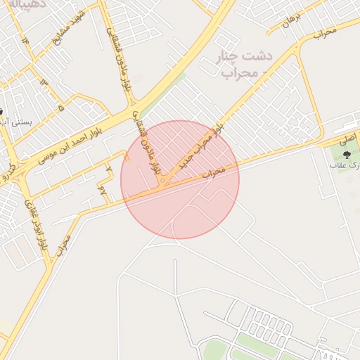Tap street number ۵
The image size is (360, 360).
(61, 108)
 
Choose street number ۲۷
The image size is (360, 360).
(103, 191)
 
